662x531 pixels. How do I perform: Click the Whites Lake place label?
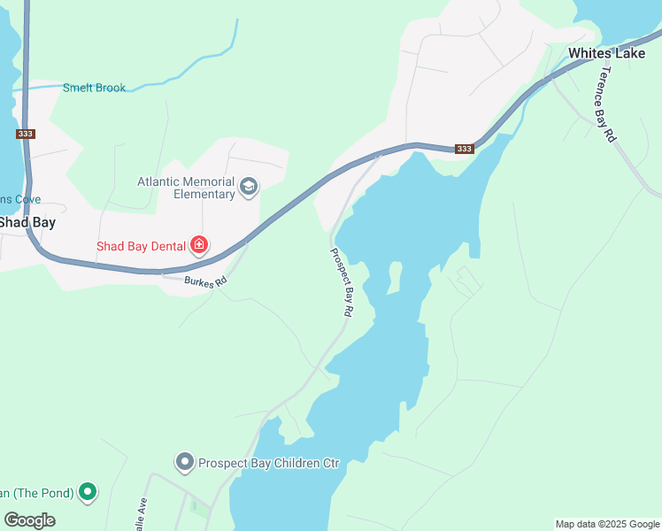(x=606, y=53)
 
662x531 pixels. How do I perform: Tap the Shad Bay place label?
(x=27, y=222)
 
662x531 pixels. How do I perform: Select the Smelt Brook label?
(x=94, y=88)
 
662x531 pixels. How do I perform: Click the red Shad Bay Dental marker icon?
(x=199, y=245)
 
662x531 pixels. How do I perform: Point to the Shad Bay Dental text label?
(x=142, y=246)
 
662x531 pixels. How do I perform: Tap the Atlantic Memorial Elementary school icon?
(x=249, y=186)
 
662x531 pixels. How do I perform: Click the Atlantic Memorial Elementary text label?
(x=185, y=188)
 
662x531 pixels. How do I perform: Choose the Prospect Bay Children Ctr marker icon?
(x=184, y=462)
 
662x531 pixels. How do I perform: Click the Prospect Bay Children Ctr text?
(x=269, y=463)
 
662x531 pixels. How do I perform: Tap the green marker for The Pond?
(x=87, y=492)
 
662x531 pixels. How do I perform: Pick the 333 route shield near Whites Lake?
(x=465, y=149)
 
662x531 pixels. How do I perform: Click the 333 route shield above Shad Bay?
(x=25, y=135)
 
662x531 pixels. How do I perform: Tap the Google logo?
(x=30, y=520)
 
